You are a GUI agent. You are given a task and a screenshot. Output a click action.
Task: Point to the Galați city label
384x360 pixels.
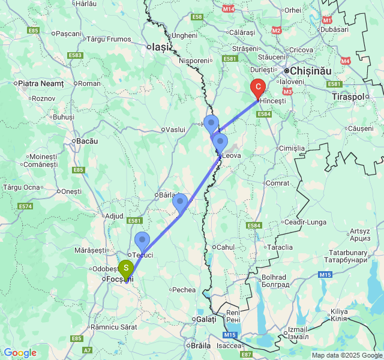(206, 320)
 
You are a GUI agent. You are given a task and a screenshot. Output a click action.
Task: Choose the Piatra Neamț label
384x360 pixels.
(41, 83)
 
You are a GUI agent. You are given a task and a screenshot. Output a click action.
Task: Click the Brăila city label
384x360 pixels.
(201, 345)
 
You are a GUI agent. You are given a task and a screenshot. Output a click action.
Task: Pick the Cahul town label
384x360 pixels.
(225, 247)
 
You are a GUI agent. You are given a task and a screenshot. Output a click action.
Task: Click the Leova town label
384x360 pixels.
(231, 155)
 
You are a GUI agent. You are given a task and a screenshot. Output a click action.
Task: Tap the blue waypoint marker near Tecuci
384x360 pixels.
(142, 240)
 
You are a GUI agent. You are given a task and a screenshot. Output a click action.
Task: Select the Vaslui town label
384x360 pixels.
(175, 129)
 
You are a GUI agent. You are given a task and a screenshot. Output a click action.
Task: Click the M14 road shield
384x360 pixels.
(228, 9)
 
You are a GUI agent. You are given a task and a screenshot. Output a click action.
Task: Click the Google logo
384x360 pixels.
(20, 353)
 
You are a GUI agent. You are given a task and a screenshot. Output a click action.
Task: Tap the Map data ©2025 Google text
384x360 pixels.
(346, 355)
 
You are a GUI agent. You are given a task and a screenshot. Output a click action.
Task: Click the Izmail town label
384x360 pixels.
(298, 329)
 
